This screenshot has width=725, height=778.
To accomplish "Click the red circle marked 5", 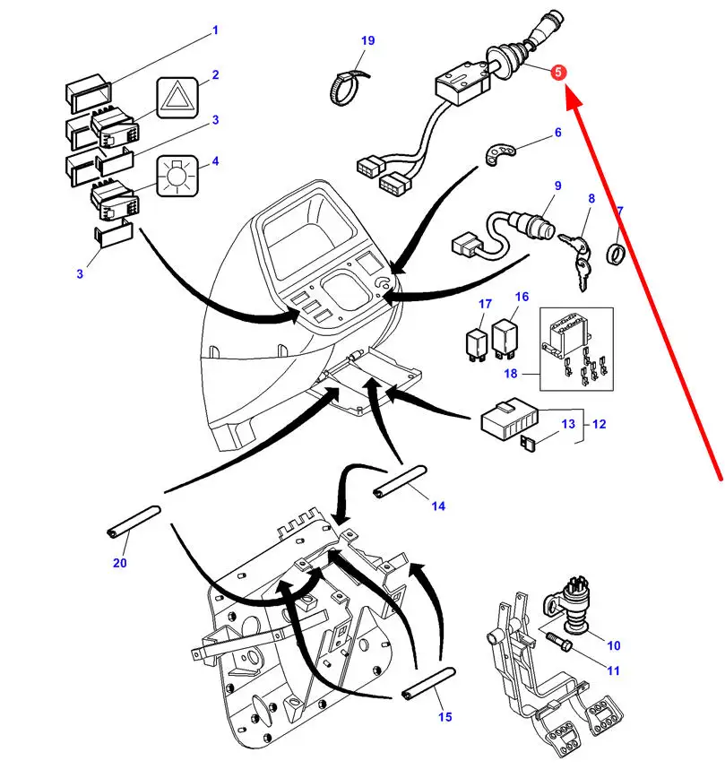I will click(558, 73).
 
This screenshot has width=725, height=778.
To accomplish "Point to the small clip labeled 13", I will click(526, 441).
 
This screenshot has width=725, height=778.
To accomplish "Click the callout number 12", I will click(599, 424).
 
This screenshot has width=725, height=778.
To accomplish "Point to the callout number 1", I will click(215, 30).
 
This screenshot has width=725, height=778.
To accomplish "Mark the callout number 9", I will click(557, 186).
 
